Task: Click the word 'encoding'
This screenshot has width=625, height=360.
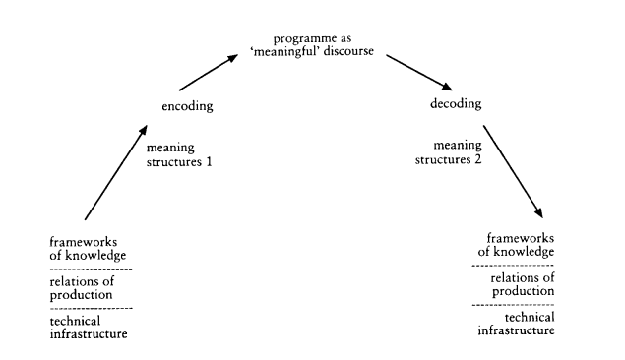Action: (187, 105)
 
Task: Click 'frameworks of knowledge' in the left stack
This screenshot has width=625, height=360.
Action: (90, 247)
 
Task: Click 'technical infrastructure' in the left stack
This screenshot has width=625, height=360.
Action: (90, 328)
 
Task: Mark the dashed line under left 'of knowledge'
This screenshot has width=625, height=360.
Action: (90, 269)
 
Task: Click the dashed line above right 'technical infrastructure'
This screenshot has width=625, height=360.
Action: (513, 305)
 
